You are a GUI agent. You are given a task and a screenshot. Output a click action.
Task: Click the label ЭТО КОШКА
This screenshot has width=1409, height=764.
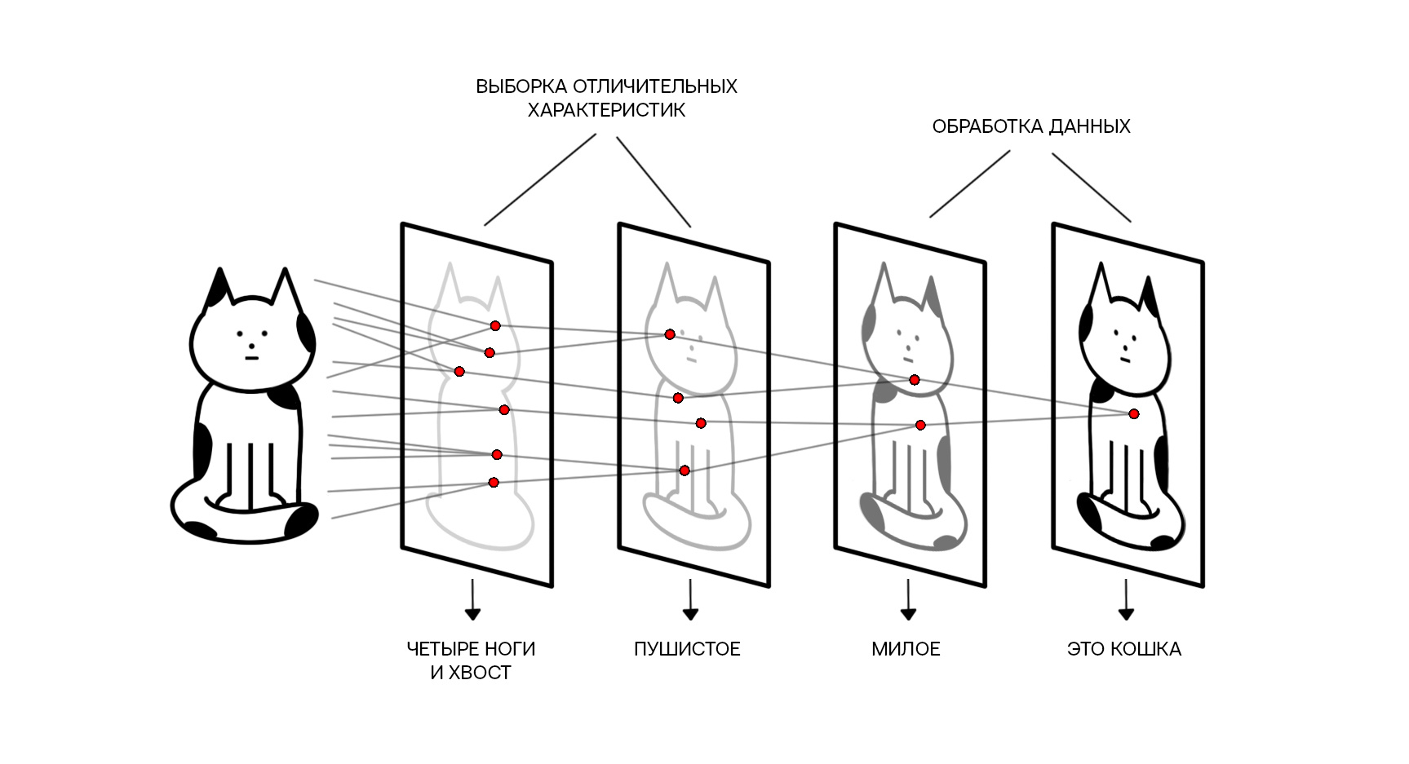pyautogui.click(x=1123, y=649)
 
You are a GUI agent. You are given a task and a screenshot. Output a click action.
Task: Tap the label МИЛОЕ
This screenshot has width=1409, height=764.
pyautogui.click(x=906, y=649)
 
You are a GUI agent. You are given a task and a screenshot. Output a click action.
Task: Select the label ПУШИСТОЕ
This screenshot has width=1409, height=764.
pyautogui.click(x=687, y=649)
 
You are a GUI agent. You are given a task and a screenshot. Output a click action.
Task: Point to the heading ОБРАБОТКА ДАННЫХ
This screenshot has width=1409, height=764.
pyautogui.click(x=1031, y=126)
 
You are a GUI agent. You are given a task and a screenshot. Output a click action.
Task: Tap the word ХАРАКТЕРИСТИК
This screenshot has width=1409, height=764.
pyautogui.click(x=606, y=110)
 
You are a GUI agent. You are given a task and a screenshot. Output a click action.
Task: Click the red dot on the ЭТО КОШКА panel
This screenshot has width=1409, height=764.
pyautogui.click(x=1133, y=414)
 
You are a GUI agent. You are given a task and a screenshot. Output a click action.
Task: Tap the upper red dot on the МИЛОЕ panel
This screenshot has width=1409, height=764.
pyautogui.click(x=915, y=380)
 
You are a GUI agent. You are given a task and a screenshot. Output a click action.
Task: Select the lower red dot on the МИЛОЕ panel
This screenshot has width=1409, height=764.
pyautogui.click(x=920, y=425)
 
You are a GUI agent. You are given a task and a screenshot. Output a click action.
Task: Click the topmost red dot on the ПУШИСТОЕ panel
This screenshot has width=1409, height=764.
pyautogui.click(x=670, y=334)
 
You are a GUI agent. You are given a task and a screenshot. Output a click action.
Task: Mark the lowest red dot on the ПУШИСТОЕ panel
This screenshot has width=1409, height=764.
pyautogui.click(x=685, y=470)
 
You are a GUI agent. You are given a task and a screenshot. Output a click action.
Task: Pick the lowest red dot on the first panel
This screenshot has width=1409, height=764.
pyautogui.click(x=494, y=483)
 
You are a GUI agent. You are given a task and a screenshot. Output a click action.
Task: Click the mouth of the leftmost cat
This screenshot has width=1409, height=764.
pyautogui.click(x=251, y=357)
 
